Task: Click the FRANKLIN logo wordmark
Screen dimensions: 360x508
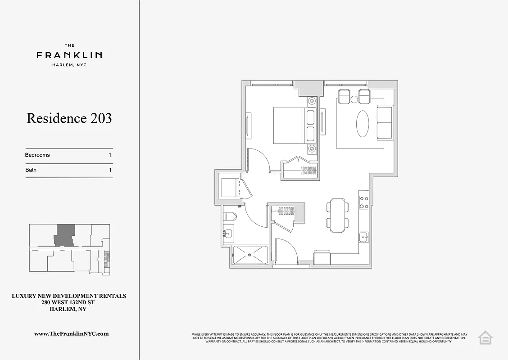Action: (69, 55)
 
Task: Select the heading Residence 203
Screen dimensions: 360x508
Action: (69, 118)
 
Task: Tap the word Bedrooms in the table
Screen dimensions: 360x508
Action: (37, 155)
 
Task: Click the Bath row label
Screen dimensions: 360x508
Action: (31, 170)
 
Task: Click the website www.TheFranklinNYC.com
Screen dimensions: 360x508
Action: (72, 333)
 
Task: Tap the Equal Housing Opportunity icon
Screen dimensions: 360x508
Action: (485, 337)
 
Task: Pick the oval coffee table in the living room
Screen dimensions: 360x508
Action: (364, 124)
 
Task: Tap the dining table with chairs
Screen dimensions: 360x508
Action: (338, 215)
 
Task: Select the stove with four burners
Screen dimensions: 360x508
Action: (364, 202)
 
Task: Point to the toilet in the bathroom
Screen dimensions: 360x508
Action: (230, 216)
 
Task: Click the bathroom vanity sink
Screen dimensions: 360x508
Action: (228, 233)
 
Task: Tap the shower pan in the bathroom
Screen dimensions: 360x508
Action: (250, 256)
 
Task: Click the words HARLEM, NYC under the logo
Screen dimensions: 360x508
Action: (69, 65)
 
